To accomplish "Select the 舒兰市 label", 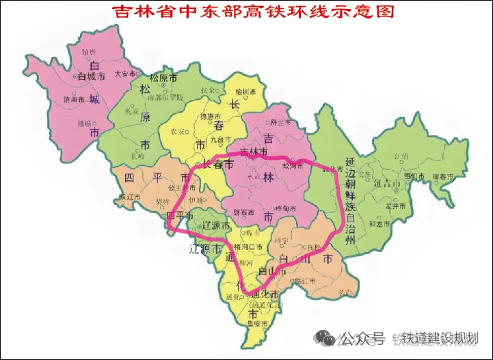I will [281, 124].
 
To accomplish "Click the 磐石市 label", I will [243, 212].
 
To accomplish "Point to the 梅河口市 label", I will [248, 246].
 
